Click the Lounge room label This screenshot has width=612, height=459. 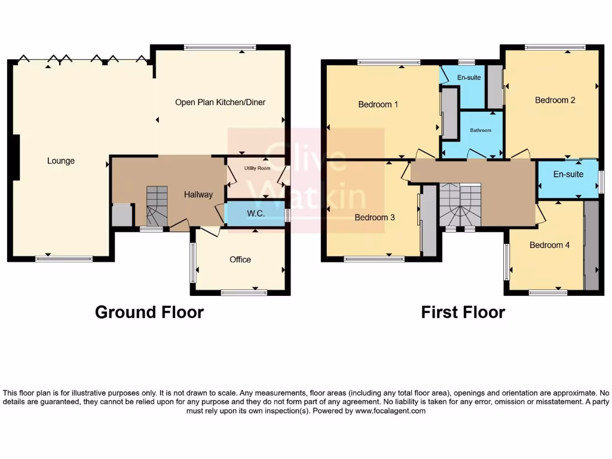coord(61,161)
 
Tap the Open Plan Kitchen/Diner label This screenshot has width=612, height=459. coord(220,102)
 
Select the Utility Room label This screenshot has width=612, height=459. coord(257,169)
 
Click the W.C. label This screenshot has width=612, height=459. coord(256,213)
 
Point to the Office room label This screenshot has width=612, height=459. coord(240,259)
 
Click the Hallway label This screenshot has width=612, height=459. coord(198,194)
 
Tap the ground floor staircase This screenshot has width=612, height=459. coord(157,206)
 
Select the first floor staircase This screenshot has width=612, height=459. coord(460,206)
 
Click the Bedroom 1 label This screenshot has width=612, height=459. coord(378,105)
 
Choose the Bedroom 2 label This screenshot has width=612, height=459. coord(555,100)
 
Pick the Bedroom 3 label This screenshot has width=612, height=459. coord(375,218)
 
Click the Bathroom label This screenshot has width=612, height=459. coord(481,130)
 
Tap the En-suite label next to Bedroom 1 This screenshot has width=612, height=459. coord(469,78)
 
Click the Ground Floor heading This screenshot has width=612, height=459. coord(149,312)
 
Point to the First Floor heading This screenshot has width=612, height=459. coord(463,312)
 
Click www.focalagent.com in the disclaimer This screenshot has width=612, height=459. coord(390,411)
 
